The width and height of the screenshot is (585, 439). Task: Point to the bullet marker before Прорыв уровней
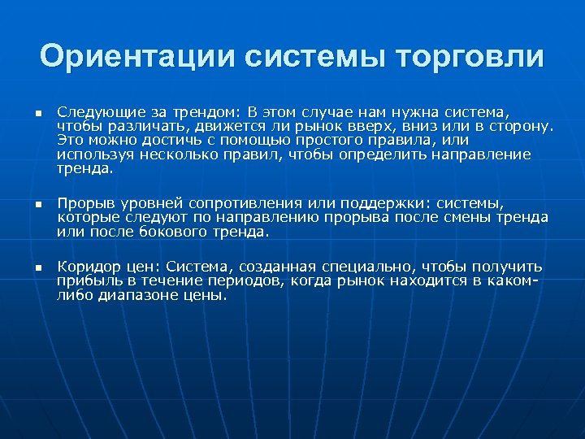37,203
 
